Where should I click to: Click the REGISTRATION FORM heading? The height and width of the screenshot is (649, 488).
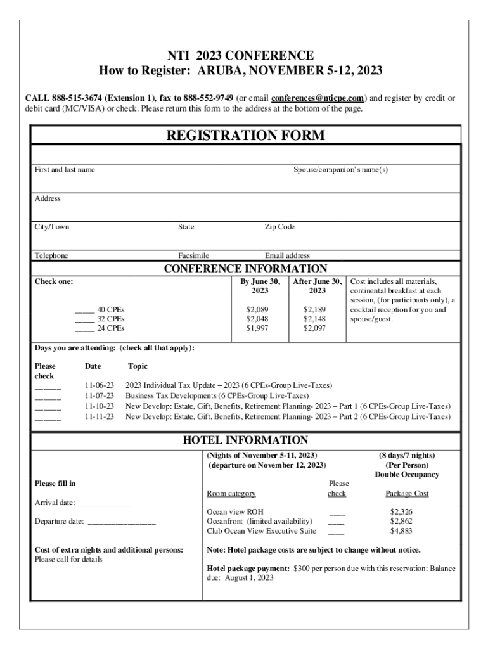pyautogui.click(x=245, y=136)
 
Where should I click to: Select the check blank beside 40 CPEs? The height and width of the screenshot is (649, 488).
pyautogui.click(x=85, y=310)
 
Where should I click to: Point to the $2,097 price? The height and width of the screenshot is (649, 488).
pyautogui.click(x=314, y=328)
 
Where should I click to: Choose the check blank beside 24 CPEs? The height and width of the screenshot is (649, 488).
pyautogui.click(x=85, y=329)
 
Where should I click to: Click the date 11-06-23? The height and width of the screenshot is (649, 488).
pyautogui.click(x=100, y=385)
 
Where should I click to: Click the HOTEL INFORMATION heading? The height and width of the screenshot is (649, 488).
pyautogui.click(x=245, y=440)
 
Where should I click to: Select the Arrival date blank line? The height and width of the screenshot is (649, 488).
pyautogui.click(x=104, y=504)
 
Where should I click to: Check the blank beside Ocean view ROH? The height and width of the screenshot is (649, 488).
pyautogui.click(x=337, y=512)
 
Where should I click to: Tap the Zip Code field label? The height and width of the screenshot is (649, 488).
pyautogui.click(x=279, y=227)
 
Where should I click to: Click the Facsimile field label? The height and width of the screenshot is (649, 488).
pyautogui.click(x=193, y=255)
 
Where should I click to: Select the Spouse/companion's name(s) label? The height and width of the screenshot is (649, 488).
pyautogui.click(x=340, y=170)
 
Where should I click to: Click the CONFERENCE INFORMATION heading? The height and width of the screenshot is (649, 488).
pyautogui.click(x=245, y=269)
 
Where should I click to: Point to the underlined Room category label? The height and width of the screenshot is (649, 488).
pyautogui.click(x=231, y=493)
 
